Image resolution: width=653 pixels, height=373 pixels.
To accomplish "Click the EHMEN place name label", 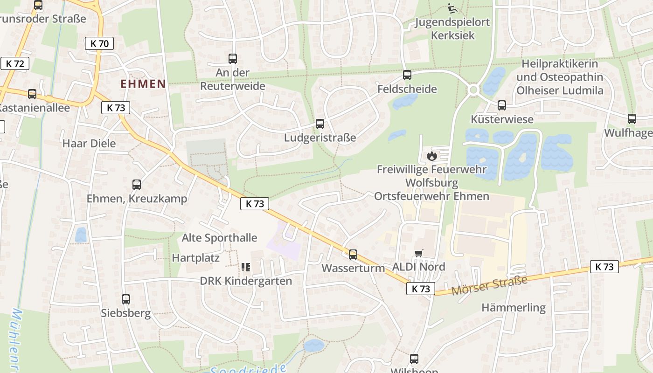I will [x=143, y=84].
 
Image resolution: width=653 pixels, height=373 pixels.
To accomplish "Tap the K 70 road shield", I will [x=99, y=44].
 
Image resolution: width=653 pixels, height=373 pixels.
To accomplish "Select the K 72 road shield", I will [x=15, y=64].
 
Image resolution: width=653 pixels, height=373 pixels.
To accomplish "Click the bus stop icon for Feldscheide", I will [x=407, y=75].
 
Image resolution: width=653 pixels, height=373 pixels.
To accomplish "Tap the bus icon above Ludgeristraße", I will [x=320, y=124].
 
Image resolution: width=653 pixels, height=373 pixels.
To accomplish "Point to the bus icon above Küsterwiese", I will [x=502, y=105].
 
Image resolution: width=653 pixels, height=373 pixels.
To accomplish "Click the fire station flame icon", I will [x=432, y=156].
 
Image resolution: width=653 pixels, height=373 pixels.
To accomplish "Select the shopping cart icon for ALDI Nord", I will [x=419, y=253].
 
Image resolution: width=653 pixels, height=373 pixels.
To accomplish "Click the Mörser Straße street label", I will [x=490, y=284].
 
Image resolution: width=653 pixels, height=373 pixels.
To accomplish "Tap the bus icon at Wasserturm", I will [x=353, y=254].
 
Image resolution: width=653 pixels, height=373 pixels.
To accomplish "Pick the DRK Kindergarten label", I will [x=246, y=281].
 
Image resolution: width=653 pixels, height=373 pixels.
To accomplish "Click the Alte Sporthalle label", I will [x=219, y=238].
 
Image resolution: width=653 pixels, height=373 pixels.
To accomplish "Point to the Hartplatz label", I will [x=195, y=258].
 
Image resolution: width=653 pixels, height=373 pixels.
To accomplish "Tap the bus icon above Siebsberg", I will [x=126, y=299].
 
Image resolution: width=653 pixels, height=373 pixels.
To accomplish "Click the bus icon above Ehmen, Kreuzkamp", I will [x=137, y=184].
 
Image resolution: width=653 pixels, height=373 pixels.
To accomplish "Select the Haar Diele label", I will [x=89, y=143].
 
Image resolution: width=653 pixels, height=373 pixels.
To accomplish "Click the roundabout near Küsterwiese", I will [x=474, y=90].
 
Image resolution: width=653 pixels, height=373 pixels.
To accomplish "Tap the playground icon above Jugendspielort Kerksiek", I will [x=452, y=8].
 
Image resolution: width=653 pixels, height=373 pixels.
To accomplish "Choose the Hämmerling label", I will [x=514, y=308].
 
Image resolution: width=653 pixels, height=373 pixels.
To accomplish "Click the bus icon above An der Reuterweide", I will [x=233, y=59].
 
